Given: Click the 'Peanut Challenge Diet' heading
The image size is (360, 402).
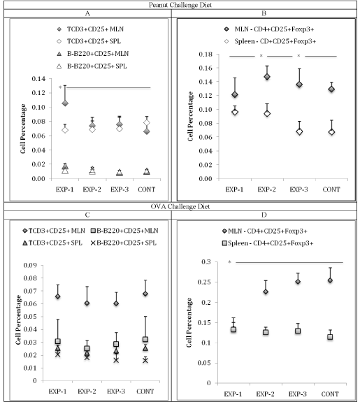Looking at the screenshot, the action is click(180, 5).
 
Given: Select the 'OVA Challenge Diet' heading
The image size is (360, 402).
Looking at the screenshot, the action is click(180, 206).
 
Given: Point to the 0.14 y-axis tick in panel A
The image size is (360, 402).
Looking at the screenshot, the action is click(38, 79).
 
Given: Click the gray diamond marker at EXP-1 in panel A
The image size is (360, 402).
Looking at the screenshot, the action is click(65, 103).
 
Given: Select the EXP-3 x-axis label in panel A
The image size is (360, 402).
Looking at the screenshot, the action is click(120, 189).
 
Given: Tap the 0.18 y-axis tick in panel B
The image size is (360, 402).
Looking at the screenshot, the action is click(206, 55).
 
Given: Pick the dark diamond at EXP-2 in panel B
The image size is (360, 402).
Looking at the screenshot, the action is click(267, 77).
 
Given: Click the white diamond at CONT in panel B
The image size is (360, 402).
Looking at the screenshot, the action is click(331, 132).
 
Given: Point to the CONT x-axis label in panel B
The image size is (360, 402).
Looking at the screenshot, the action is click(331, 189).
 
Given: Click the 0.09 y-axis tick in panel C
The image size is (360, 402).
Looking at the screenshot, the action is click(30, 265).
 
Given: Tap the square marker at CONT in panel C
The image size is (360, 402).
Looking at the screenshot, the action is click(145, 340).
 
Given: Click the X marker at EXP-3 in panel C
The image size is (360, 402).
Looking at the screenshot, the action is click(116, 360).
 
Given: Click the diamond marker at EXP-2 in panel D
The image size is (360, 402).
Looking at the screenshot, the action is click(266, 292).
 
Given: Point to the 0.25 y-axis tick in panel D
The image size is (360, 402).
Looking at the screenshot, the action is click(208, 282).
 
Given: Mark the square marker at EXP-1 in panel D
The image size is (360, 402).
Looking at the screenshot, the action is click(233, 330).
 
